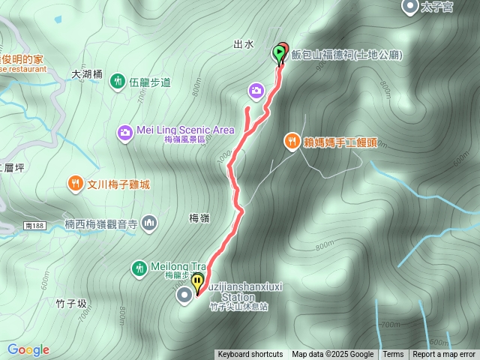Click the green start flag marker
tap(279, 53)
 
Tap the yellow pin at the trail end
tap(198, 283)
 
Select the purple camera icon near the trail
tap(256, 91)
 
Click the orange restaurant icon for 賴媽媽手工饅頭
tap(292, 140)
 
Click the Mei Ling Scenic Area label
tap(185, 130)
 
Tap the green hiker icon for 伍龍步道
tap(118, 81)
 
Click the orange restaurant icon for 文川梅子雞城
tap(75, 183)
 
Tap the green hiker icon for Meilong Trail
tap(139, 267)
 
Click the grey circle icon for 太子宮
tap(410, 7)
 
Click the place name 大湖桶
tap(86, 74)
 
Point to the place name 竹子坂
tap(71, 304)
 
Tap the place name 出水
tap(244, 44)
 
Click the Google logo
tap(28, 349)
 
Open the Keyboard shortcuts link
tap(250, 355)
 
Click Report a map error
tap(444, 355)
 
